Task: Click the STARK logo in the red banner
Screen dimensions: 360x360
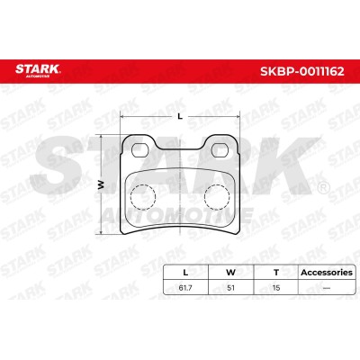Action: [x=38, y=69]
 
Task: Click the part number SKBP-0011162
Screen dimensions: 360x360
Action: [x=302, y=71]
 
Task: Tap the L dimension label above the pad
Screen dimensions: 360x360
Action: [x=180, y=117]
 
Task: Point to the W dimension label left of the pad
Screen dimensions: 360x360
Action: [x=101, y=184]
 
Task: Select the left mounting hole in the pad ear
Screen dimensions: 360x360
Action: [x=140, y=149]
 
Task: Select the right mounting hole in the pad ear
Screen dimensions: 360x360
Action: [x=220, y=149]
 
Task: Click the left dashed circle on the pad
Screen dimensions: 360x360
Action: [x=143, y=197]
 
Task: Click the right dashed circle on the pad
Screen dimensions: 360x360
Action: [x=217, y=197]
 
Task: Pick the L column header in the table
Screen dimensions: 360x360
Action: [x=185, y=273]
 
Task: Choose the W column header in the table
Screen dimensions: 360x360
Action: [x=230, y=273]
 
